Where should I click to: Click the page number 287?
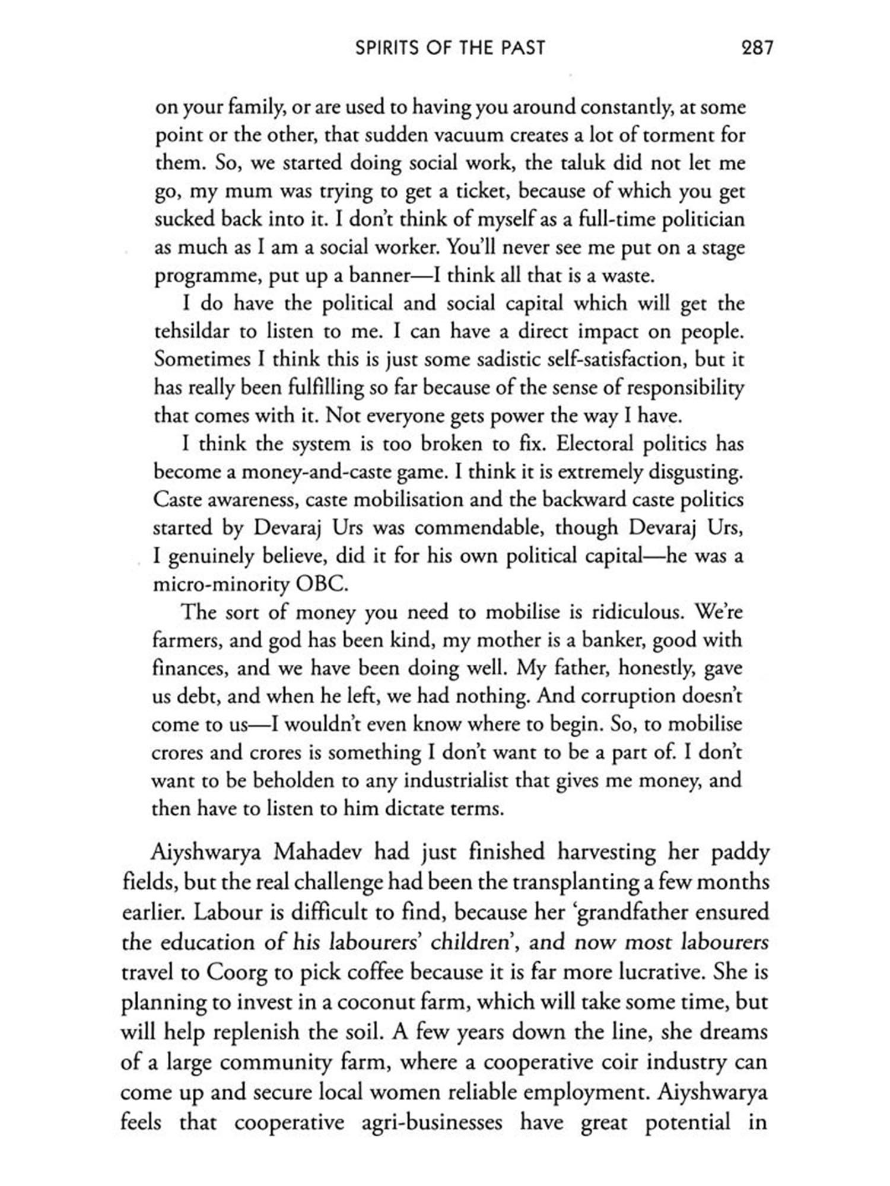757,47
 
